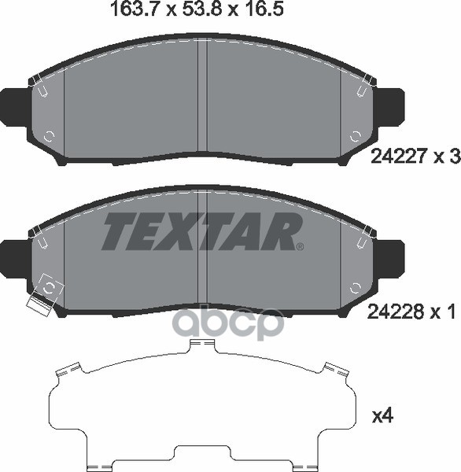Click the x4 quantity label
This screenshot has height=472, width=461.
[x=383, y=416]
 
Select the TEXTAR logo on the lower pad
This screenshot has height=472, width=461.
[x=201, y=231]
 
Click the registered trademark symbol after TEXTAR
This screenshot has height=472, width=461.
[x=301, y=247]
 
